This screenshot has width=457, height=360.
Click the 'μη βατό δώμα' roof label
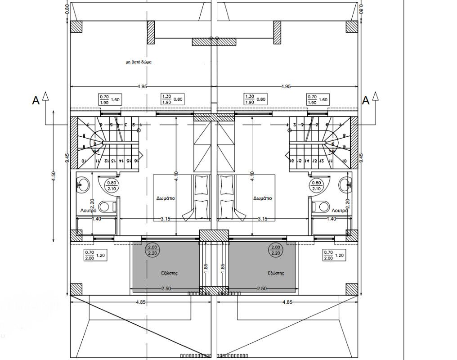[139, 63]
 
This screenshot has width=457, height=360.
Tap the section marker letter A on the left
[36, 101]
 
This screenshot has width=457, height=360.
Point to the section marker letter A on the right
[366, 101]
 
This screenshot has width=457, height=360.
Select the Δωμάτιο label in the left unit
[166, 198]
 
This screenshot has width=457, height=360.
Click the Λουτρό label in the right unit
[340, 210]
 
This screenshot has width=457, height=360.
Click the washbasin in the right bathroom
[346, 184]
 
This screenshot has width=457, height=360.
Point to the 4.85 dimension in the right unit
[288, 302]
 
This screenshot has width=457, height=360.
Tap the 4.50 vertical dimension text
[54, 176]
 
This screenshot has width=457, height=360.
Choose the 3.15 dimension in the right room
[262, 219]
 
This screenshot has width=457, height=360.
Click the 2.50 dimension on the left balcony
[166, 288]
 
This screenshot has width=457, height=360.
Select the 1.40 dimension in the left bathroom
[96, 219]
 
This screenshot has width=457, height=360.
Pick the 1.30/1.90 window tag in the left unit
[166, 99]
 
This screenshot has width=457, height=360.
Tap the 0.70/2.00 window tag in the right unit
[329, 255]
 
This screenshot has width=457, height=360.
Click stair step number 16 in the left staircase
[135, 160]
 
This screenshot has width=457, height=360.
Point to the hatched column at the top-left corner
[76, 27]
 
